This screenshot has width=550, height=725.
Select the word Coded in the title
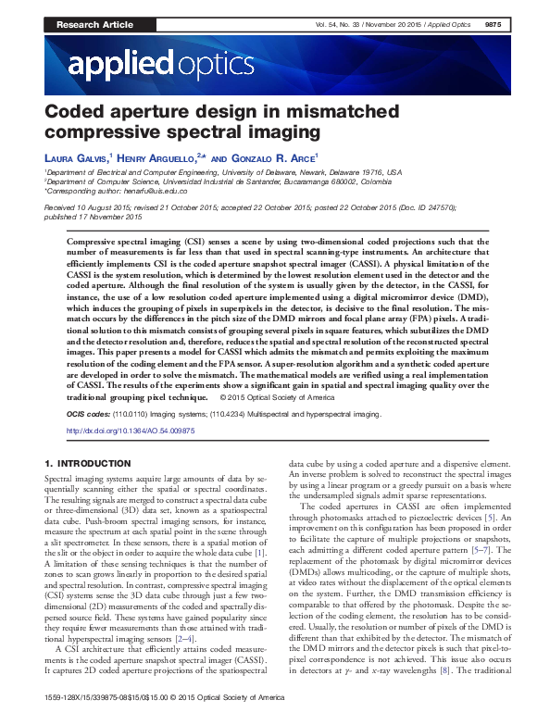click(x=74, y=113)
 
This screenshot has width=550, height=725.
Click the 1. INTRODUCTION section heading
click(x=88, y=462)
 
